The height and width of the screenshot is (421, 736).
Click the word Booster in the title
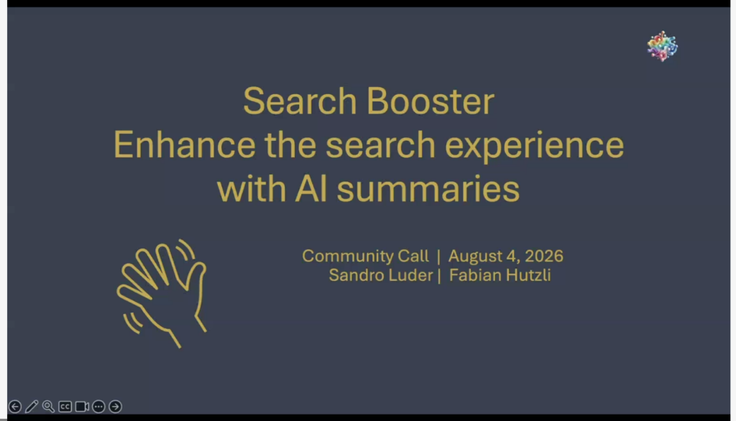(x=430, y=101)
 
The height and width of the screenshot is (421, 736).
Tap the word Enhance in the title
(x=185, y=145)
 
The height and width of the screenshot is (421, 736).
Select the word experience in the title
(x=534, y=147)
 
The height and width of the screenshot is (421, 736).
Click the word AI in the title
(x=311, y=189)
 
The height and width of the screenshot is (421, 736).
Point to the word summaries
(x=428, y=189)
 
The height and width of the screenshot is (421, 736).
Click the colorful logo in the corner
(x=662, y=46)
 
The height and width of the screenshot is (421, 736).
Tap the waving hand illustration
(x=162, y=293)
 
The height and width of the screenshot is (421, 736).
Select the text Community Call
(x=365, y=256)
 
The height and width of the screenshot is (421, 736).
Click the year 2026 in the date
(x=544, y=256)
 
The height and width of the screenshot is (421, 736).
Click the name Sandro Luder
(x=381, y=275)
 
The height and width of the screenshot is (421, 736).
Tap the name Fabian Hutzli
(x=500, y=275)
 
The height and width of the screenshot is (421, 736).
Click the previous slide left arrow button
(x=15, y=407)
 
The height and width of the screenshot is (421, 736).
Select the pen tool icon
(x=32, y=407)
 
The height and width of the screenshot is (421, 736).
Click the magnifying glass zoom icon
(x=48, y=407)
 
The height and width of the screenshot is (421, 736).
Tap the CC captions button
(x=65, y=407)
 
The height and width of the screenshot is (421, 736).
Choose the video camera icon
(x=82, y=407)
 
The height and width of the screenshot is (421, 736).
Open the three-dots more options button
(x=98, y=407)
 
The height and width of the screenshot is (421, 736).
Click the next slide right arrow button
(x=116, y=407)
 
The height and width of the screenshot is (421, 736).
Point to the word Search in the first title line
(x=300, y=101)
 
